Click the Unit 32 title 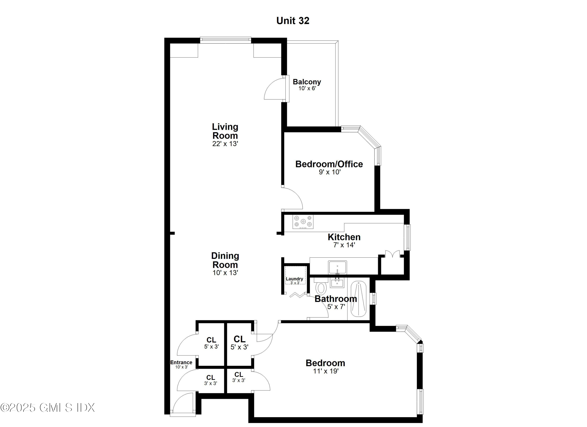(293, 21)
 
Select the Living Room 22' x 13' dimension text (225, 144)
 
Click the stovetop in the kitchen (303, 222)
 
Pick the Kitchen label (344, 237)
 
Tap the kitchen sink (337, 267)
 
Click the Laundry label (294, 279)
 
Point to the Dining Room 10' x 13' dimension (225, 273)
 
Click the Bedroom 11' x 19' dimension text (326, 371)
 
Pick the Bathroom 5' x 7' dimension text (336, 307)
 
